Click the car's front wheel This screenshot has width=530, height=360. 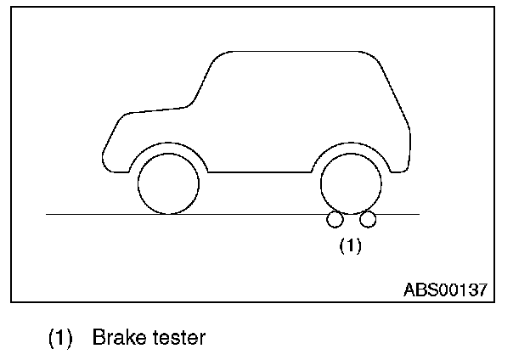168,183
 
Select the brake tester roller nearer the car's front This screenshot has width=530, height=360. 334,220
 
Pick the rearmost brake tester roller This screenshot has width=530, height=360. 368,220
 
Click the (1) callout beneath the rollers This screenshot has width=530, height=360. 351,246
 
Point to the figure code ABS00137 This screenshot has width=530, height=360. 445,289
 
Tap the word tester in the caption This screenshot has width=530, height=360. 178,338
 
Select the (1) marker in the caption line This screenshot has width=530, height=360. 59,338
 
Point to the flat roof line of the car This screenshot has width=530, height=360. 297,52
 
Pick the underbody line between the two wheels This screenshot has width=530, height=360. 259,172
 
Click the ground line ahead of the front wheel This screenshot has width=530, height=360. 85,214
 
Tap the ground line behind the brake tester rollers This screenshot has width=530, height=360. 399,214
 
